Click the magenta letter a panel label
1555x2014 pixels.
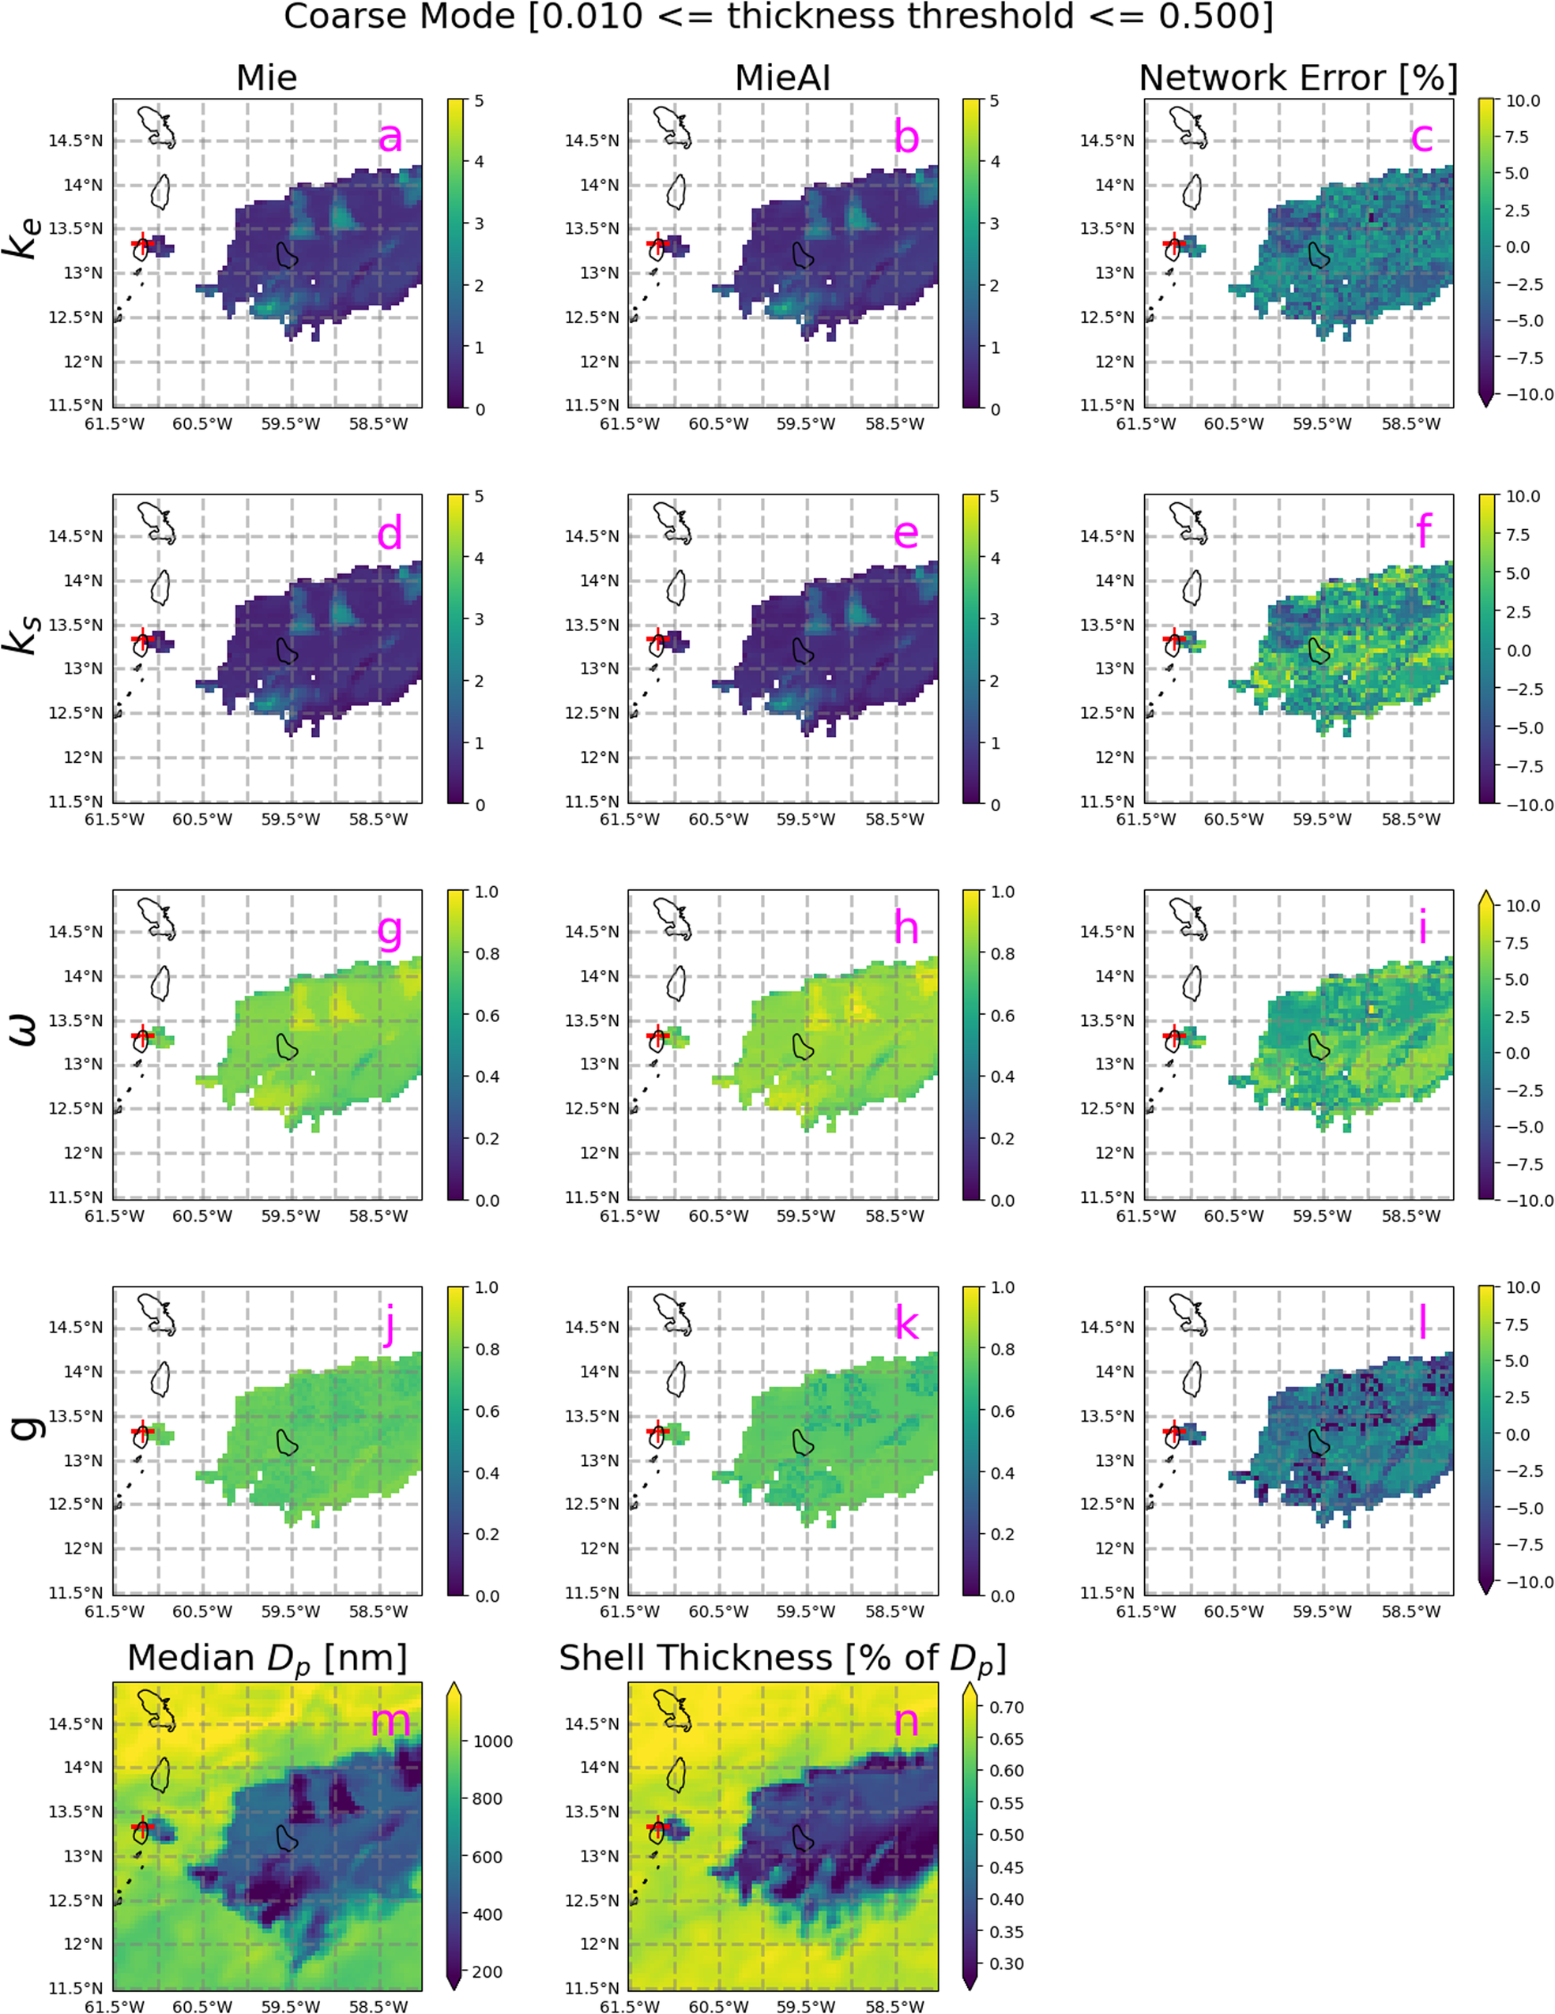pyautogui.click(x=390, y=138)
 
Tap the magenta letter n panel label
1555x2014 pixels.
pyautogui.click(x=906, y=1721)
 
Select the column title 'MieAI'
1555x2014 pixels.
pyautogui.click(x=782, y=77)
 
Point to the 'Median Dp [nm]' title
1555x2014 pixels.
pyautogui.click(x=266, y=1658)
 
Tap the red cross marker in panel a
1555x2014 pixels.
pyautogui.click(x=142, y=243)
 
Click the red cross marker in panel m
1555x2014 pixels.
pyautogui.click(x=142, y=1826)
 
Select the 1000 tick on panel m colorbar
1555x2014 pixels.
pyautogui.click(x=492, y=1741)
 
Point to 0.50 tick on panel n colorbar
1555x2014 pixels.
pyautogui.click(x=1006, y=1834)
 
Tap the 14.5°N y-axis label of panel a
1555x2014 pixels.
pyautogui.click(x=76, y=141)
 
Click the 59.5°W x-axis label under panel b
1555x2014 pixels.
pyautogui.click(x=806, y=424)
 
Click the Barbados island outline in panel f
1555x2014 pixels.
pyautogui.click(x=1319, y=650)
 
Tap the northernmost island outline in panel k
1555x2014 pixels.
pyautogui.click(x=672, y=1313)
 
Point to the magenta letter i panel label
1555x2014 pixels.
pyautogui.click(x=1423, y=929)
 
